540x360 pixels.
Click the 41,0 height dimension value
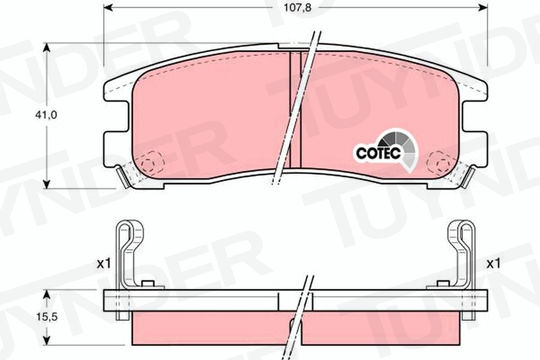click(46, 115)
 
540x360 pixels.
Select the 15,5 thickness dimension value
click(46, 317)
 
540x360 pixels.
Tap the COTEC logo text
click(378, 153)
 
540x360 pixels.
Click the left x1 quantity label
click(104, 264)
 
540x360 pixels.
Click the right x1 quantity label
click(494, 264)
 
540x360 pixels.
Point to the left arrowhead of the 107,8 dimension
click(108, 8)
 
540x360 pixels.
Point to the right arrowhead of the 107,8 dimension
click(483, 8)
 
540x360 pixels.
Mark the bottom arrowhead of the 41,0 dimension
click(47, 184)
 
